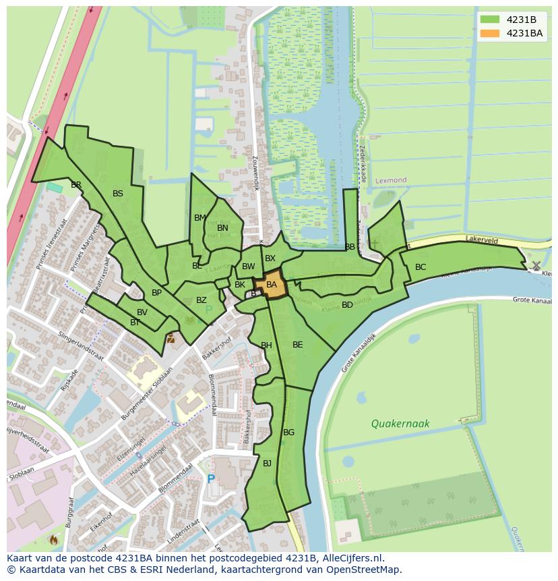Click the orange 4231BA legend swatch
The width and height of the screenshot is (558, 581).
[490, 33]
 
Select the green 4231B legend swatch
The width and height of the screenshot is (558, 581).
[490, 19]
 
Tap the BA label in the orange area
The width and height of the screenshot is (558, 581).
[272, 285]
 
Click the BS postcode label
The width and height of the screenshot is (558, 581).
[118, 194]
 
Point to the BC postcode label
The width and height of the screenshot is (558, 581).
[421, 267]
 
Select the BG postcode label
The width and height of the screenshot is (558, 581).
[288, 433]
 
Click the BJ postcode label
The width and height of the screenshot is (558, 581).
[267, 463]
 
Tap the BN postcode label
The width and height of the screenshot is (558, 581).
[222, 228]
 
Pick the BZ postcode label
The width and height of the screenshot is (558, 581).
[201, 300]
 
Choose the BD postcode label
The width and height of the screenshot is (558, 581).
[347, 305]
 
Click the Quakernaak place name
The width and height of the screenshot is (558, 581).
[400, 424]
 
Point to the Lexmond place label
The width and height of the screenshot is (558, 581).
[392, 181]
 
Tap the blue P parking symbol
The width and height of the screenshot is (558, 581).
[211, 479]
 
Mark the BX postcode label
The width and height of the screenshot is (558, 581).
[270, 258]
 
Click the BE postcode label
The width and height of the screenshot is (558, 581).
[297, 345]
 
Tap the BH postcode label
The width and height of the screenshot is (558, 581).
[266, 345]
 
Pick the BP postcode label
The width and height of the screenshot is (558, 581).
[156, 293]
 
